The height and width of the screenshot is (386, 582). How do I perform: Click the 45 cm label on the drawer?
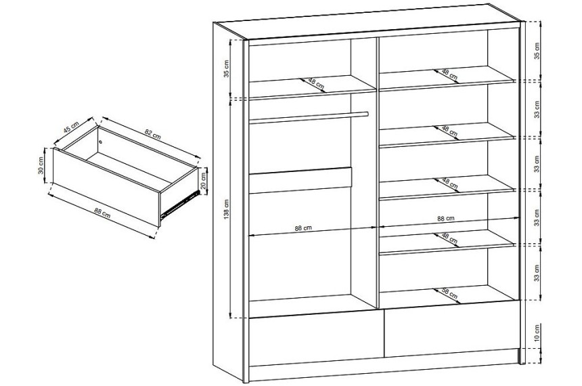(x=71, y=127)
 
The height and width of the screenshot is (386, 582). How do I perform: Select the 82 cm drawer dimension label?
(x=152, y=133)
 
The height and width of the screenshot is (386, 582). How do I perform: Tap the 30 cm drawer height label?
(x=41, y=165)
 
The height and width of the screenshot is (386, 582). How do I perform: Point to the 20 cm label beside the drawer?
(x=203, y=181)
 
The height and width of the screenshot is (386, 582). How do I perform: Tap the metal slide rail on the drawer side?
(x=178, y=205)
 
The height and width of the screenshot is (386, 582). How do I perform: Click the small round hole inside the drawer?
(x=101, y=142)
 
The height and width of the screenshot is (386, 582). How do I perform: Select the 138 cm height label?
(x=227, y=209)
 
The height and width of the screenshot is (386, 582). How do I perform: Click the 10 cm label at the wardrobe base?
(x=537, y=333)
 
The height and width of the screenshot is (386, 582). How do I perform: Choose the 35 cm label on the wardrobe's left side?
(x=227, y=68)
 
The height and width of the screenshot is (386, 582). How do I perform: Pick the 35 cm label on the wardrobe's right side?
(x=537, y=51)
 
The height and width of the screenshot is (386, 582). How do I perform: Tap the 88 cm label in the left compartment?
(x=303, y=228)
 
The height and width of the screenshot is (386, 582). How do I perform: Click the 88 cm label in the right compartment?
(x=445, y=219)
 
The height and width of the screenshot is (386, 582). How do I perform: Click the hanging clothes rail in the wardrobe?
(x=309, y=117)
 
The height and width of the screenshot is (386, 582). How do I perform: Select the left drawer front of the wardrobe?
(x=316, y=338)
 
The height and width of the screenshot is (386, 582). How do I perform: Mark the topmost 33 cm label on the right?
(x=537, y=109)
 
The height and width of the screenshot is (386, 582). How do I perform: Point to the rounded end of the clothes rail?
(x=366, y=114)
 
